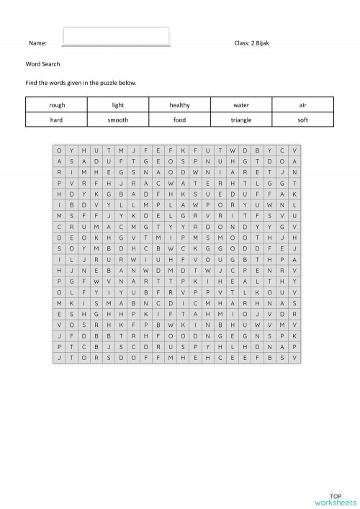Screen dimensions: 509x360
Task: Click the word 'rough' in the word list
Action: (57, 105)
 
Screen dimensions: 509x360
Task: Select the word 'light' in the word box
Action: (118, 105)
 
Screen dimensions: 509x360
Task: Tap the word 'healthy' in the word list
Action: (180, 105)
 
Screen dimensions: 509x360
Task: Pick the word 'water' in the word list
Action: (241, 105)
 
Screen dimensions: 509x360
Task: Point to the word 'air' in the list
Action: (302, 105)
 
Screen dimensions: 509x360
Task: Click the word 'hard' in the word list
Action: (57, 120)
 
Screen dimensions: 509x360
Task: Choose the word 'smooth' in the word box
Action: (118, 120)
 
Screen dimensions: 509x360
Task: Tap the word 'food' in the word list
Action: (180, 120)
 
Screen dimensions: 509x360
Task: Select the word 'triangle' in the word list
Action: (241, 120)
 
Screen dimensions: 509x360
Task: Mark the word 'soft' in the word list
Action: (302, 120)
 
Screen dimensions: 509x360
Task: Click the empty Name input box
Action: (117, 36)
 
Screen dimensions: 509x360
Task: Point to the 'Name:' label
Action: (37, 44)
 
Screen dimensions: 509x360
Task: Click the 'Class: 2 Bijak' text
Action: (252, 44)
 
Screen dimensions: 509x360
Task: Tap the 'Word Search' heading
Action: (39, 64)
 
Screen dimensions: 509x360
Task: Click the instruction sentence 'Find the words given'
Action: (81, 83)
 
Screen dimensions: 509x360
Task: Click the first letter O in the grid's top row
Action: (59, 150)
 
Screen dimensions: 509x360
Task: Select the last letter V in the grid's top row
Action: (294, 150)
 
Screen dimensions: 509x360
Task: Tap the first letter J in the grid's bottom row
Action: (59, 357)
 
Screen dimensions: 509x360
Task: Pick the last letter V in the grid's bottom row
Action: (294, 357)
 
